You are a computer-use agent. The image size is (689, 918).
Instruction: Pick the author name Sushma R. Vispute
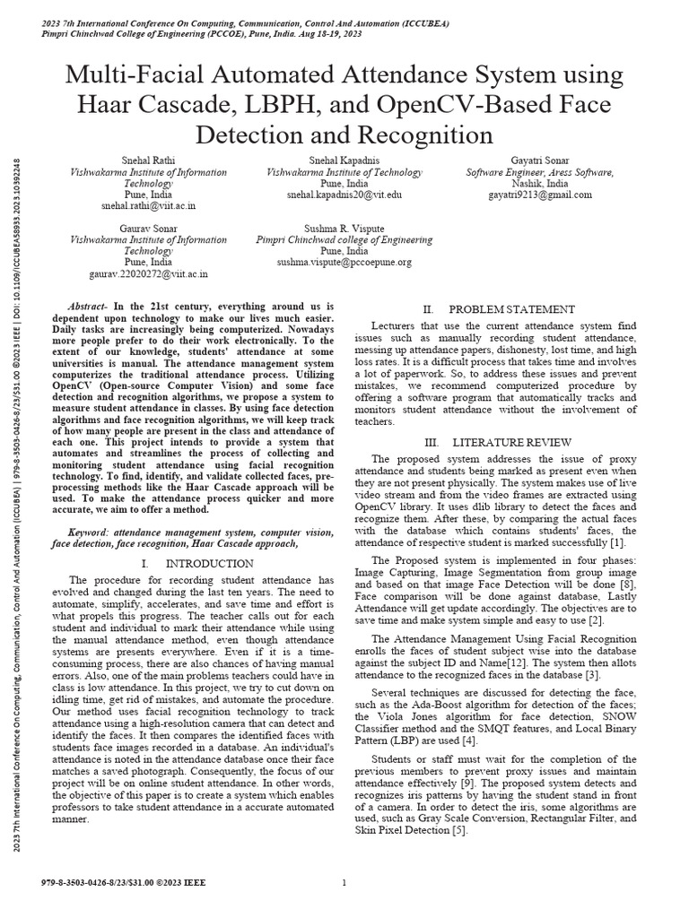(344, 228)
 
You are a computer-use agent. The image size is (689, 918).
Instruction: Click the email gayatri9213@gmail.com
(540, 194)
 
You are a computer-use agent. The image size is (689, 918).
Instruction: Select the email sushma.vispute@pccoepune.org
(344, 263)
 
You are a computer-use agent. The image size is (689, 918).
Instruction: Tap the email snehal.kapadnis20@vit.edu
(344, 194)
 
